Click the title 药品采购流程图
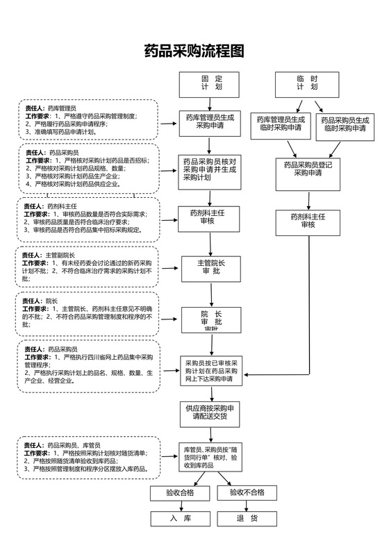tap(194, 51)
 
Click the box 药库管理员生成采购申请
tap(210, 122)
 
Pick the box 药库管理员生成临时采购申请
tap(280, 124)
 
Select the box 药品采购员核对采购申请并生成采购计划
tap(210, 169)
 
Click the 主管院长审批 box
tap(210, 267)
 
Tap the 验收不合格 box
tap(247, 492)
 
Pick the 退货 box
tap(247, 518)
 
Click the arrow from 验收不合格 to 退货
tap(247, 505)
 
